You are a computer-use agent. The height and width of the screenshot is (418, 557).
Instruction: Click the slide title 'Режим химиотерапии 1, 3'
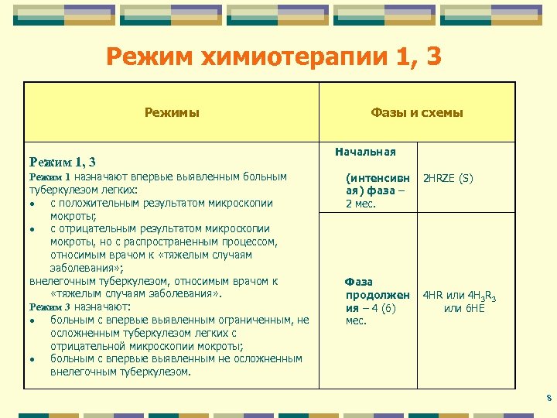[x=274, y=56]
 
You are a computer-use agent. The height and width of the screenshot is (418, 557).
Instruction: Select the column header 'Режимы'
[x=172, y=112]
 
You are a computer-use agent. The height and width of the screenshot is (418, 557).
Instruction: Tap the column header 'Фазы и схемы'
[x=417, y=112]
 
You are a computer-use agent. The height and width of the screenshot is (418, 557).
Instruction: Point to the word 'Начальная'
[x=366, y=152]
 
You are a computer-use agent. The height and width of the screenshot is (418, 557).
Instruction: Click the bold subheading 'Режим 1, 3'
[x=62, y=162]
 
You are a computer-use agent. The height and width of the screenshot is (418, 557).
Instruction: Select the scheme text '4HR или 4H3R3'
[x=459, y=296]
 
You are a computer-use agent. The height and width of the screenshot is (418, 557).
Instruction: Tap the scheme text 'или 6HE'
[x=463, y=308]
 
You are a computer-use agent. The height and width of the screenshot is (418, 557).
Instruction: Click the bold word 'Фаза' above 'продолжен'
[x=359, y=283]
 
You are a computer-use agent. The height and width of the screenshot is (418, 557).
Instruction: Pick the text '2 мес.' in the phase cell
[x=360, y=204]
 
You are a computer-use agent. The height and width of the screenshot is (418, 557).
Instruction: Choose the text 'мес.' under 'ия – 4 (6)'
[x=357, y=320]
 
